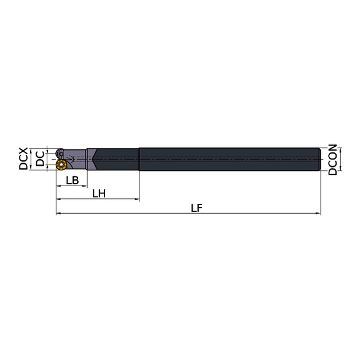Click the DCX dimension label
tap(23, 158)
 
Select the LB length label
tap(72, 180)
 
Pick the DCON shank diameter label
tap(332, 160)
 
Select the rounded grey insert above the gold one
tap(61, 153)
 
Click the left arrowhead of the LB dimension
tap(58, 187)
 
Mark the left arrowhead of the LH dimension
tap(58, 200)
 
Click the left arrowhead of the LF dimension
tap(58, 214)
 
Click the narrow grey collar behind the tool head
tap(90, 159)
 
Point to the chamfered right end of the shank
tap(319, 159)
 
